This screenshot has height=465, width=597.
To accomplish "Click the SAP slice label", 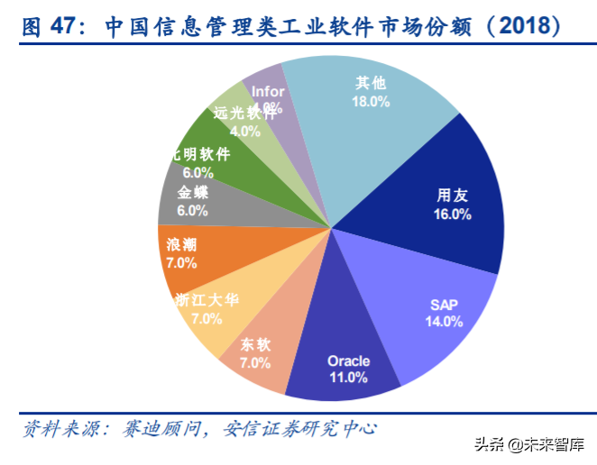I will [x=445, y=303].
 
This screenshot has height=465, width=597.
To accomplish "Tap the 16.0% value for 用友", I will [x=453, y=214].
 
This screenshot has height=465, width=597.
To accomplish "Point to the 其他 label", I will [x=371, y=83].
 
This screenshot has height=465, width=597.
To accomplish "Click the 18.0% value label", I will [x=371, y=102].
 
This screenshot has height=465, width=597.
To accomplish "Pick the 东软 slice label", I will [x=255, y=344].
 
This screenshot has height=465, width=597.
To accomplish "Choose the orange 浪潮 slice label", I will [x=182, y=243].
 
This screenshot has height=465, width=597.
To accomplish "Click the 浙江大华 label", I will [x=207, y=300].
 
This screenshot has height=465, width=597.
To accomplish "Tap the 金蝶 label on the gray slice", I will [x=193, y=191].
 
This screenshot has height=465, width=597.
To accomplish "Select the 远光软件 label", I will [x=245, y=113].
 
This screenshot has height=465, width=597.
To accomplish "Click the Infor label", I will [x=268, y=91].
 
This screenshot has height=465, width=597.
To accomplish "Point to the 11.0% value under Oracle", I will [x=348, y=378].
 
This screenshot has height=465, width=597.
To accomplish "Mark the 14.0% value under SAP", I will [x=445, y=321].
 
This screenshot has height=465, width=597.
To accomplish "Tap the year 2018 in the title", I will [x=521, y=26].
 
